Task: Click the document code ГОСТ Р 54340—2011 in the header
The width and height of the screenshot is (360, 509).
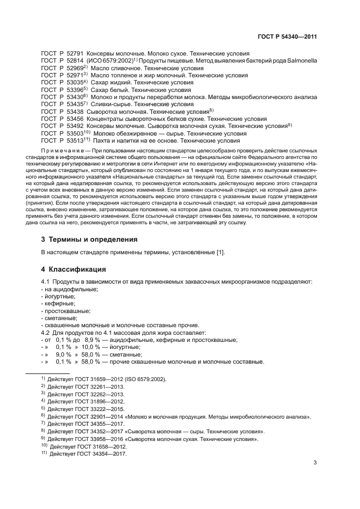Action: pos(286,37)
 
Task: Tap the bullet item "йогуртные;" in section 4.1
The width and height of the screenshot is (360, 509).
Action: pos(58,296)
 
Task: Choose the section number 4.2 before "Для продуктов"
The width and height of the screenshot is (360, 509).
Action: pos(46,332)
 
